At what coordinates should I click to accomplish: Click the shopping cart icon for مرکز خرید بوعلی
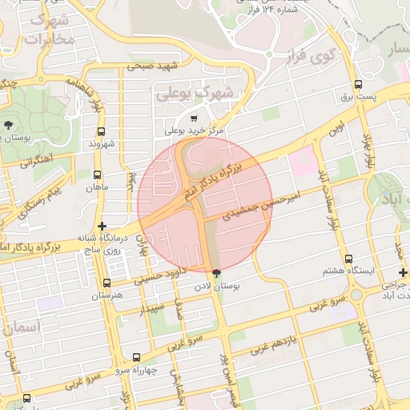point(194,119)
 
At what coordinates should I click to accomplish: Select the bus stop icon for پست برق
point(358,84)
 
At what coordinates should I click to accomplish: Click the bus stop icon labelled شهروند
point(101,131)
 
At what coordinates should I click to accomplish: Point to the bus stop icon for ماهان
point(98,175)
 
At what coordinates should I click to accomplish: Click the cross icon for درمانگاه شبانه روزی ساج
point(101,227)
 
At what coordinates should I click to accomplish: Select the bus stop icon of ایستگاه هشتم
point(348,259)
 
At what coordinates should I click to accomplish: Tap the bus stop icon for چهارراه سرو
point(135,357)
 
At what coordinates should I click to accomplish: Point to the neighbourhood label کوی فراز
point(309,55)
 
